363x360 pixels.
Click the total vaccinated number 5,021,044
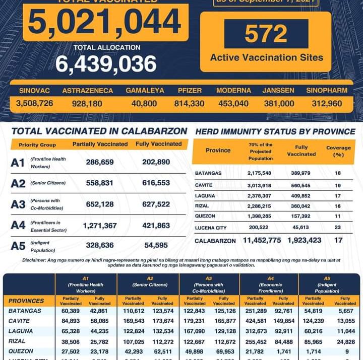[x=105, y=22]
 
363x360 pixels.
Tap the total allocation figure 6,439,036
[x=106, y=64]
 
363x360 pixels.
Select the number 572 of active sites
[x=266, y=34]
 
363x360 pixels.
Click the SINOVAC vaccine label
[x=34, y=91]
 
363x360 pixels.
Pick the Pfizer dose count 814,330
[x=190, y=104]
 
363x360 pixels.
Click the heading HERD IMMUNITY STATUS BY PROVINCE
[x=275, y=131]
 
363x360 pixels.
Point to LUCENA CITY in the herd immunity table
[x=211, y=228]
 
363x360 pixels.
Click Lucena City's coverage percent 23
[x=338, y=228]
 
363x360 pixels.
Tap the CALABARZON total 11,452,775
[x=262, y=240]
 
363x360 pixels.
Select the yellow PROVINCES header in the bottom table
[x=26, y=301]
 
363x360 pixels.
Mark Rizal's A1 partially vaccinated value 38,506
[x=71, y=341]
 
